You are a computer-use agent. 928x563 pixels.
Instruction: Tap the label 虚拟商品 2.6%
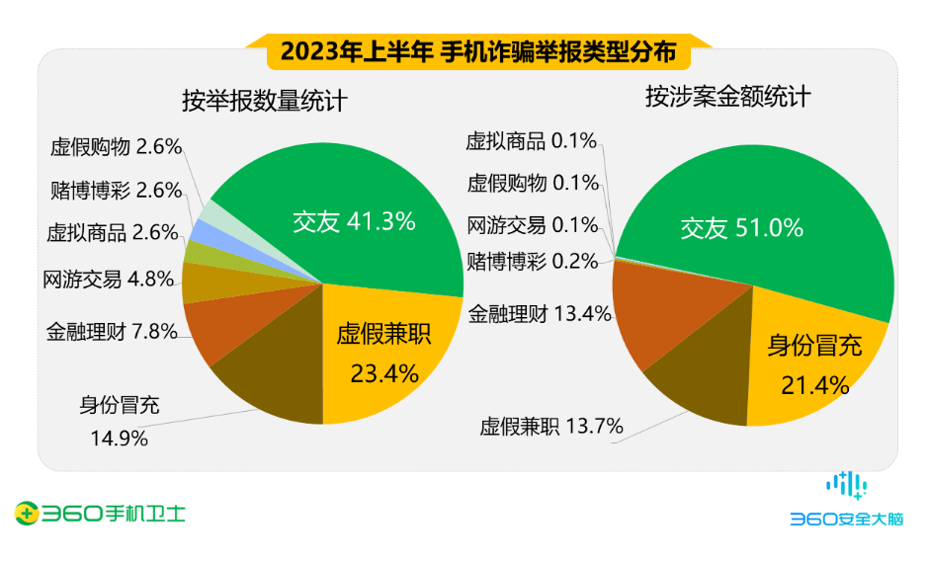click(x=112, y=234)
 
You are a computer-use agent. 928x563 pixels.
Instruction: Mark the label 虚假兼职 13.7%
click(x=551, y=427)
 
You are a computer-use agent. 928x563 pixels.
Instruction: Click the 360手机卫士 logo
click(x=100, y=513)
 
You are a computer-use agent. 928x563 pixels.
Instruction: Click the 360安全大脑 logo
click(x=845, y=501)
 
